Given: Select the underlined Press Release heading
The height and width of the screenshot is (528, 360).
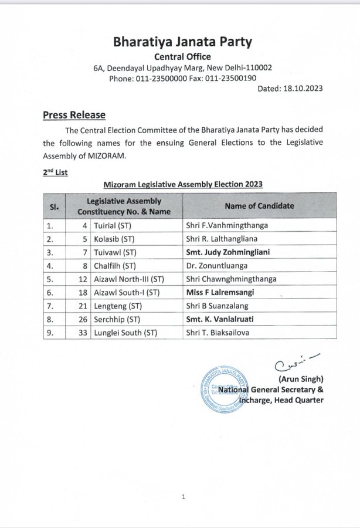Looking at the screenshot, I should point(73,114).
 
